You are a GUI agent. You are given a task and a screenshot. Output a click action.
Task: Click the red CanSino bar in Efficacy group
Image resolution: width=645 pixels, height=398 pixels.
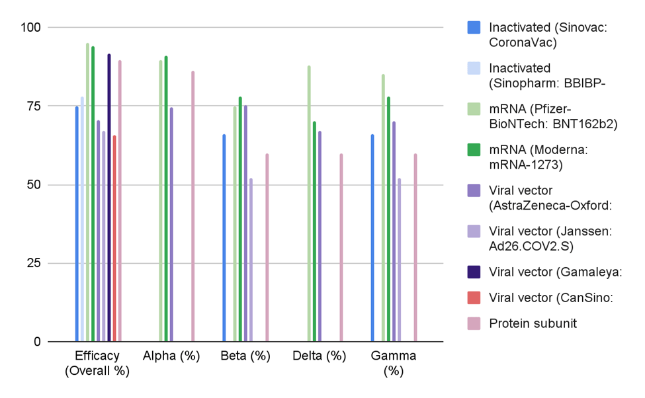(114, 239)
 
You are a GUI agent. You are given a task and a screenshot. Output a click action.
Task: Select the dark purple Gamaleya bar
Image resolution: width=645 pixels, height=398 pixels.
(109, 198)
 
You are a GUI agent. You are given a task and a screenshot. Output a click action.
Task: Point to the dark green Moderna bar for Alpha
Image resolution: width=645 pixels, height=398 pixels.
(166, 199)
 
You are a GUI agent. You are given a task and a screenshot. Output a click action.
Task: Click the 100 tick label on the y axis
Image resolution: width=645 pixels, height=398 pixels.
(30, 28)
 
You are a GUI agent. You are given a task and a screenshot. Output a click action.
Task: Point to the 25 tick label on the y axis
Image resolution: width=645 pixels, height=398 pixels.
(34, 263)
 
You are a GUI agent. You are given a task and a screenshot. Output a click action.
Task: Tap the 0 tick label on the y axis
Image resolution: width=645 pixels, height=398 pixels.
(37, 342)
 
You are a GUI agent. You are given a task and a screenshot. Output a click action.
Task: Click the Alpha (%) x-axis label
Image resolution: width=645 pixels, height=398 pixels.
(171, 356)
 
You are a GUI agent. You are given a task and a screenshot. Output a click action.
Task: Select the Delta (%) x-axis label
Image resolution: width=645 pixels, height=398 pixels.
(320, 356)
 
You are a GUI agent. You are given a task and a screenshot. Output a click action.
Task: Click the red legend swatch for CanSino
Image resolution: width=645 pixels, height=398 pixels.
(474, 297)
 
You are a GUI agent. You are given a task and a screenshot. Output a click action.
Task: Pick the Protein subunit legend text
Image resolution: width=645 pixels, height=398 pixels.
(533, 323)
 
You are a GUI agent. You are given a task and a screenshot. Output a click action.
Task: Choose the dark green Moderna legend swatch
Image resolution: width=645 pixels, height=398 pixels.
(474, 150)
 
